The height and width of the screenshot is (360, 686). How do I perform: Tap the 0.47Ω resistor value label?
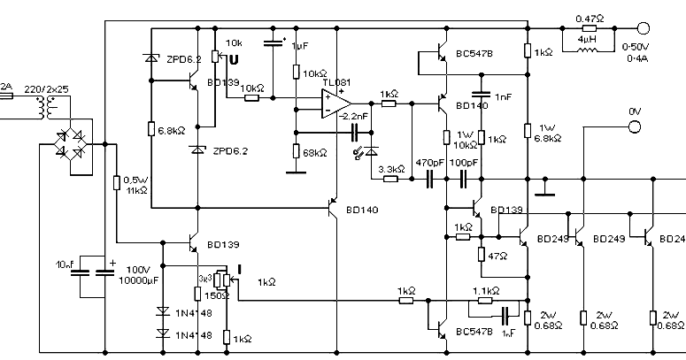pos(589,18)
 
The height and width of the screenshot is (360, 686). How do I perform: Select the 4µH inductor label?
pos(587,39)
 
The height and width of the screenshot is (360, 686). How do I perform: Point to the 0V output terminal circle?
pos(634,127)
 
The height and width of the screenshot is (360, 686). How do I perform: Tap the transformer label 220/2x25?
pos(48,90)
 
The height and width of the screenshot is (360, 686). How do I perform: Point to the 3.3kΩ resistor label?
pos(391,168)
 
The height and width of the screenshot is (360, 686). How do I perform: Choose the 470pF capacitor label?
pos(430,164)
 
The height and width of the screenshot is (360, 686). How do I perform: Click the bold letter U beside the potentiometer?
pos(234,60)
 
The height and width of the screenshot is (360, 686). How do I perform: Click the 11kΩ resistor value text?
pos(137,190)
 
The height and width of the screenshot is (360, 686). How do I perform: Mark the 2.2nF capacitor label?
pos(352,118)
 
